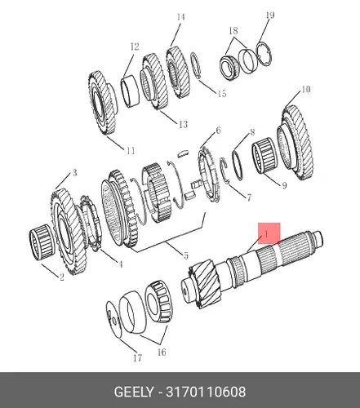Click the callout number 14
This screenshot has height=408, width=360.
pos(180,17)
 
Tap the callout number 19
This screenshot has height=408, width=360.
pos(270,16)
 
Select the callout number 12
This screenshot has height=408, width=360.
pos(135,47)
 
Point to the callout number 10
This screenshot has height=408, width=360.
pos(305,89)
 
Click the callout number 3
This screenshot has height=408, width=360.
pos(74,172)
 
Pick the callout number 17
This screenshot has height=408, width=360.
pos(138,358)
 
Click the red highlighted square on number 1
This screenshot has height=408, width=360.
pos(269,233)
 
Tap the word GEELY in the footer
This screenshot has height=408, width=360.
pos(134,392)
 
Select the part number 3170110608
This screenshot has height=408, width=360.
pos(206,392)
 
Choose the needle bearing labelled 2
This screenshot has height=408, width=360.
pos(42,242)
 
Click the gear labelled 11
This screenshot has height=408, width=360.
pos(103,103)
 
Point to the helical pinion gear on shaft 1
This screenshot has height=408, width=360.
pos(207,286)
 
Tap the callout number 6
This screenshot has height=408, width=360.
pos(218,131)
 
